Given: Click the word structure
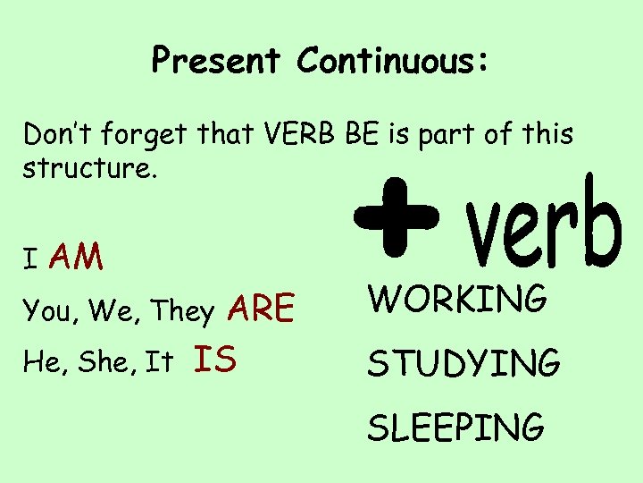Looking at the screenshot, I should (89, 168).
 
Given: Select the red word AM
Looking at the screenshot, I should (77, 258).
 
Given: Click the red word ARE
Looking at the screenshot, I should (261, 309).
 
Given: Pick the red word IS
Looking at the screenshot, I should (214, 360).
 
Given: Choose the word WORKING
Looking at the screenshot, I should (457, 299).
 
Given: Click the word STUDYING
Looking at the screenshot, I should (464, 363).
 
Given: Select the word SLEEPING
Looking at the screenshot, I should (456, 427).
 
